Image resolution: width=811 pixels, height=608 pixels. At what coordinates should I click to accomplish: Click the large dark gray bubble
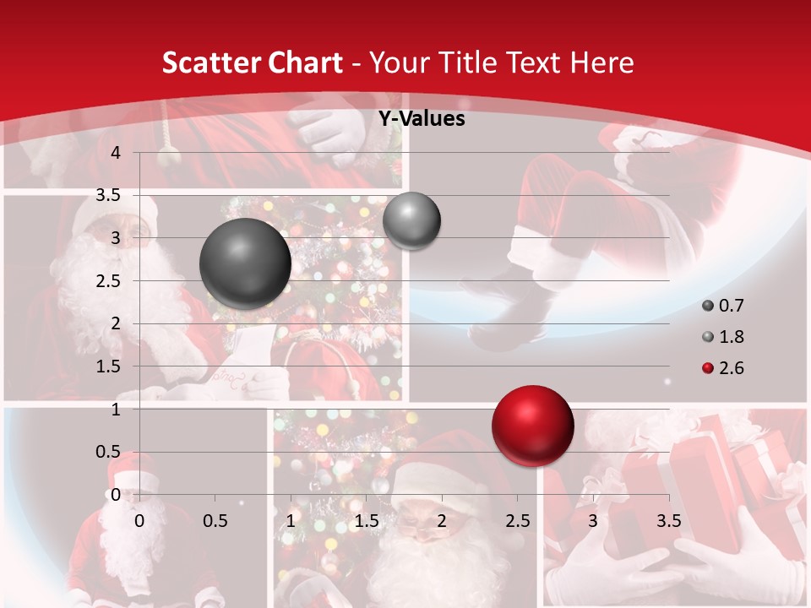click(245, 263)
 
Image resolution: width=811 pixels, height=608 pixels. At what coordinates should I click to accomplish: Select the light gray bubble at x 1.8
click(411, 220)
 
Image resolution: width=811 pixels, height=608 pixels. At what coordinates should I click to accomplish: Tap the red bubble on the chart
click(532, 426)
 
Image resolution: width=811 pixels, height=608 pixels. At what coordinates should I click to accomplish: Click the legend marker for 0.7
click(707, 306)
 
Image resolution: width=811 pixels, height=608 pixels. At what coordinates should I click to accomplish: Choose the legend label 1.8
click(732, 337)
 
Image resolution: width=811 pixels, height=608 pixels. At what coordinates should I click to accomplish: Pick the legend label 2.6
click(732, 368)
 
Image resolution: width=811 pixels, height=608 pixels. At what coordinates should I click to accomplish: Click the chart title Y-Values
click(421, 119)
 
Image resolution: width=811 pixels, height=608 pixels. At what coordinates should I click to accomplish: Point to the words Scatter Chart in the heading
click(253, 62)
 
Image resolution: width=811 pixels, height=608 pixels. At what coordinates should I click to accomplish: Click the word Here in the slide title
click(601, 62)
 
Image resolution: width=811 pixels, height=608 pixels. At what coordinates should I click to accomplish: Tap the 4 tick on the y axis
click(116, 152)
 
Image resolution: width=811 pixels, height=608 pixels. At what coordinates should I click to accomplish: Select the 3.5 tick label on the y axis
click(109, 195)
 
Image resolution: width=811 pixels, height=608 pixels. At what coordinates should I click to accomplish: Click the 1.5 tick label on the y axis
click(109, 366)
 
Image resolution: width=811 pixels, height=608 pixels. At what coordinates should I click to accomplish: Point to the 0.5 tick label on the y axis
click(109, 452)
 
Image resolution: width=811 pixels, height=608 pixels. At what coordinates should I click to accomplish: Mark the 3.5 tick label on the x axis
click(668, 521)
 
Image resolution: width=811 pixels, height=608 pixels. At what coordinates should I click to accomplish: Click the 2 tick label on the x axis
click(442, 521)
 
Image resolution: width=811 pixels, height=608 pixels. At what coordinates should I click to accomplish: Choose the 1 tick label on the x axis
click(291, 521)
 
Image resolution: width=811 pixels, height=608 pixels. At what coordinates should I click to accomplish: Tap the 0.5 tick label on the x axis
click(215, 521)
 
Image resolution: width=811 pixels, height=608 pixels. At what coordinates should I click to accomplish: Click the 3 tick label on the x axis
click(593, 521)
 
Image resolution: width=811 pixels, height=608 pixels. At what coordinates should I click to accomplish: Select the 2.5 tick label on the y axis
click(109, 280)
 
